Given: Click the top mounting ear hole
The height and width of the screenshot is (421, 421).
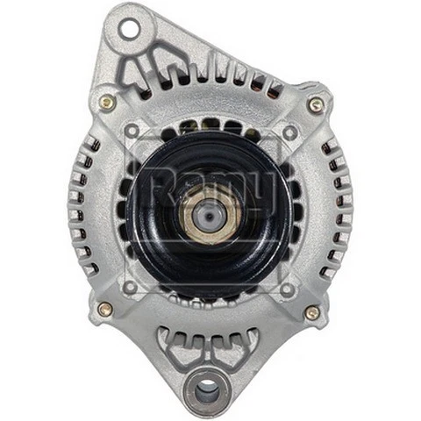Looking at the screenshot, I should click(130, 28).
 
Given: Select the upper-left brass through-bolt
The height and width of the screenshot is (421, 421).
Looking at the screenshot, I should click(107, 102).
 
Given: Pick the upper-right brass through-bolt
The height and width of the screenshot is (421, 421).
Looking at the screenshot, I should click(316, 104).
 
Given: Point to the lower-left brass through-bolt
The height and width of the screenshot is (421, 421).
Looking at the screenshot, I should click(104, 309).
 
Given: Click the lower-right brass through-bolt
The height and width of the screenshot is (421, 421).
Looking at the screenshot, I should click(312, 312).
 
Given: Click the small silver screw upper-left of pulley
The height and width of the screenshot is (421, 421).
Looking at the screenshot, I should click(132, 132).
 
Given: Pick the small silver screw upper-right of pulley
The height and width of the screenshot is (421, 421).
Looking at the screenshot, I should click(289, 132).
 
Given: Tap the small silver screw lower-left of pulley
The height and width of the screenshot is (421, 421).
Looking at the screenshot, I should click(132, 287).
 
